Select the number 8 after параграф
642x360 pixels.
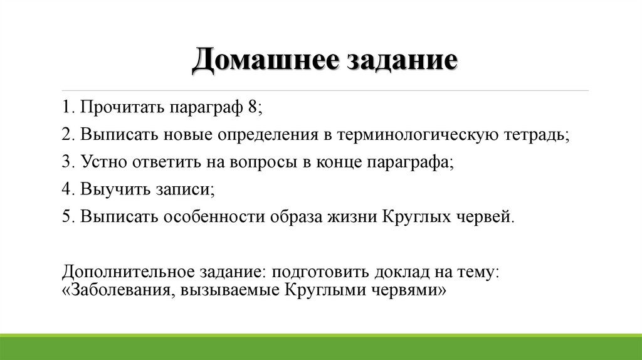pyautogui.click(x=251, y=107)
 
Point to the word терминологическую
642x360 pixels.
pyautogui.click(x=416, y=134)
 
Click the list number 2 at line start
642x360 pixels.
pyautogui.click(x=66, y=134)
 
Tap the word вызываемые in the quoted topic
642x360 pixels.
pyautogui.click(x=228, y=290)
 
